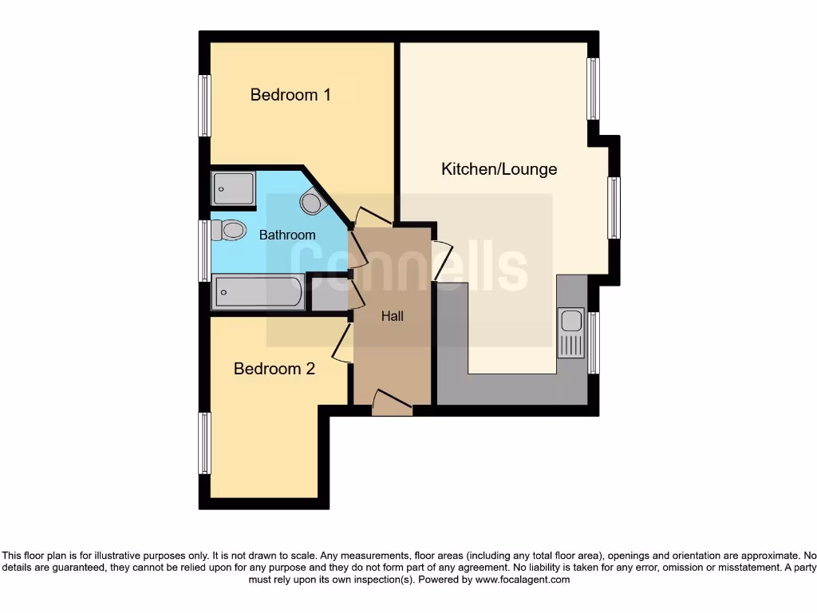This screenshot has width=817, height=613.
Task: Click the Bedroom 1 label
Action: click(x=290, y=95)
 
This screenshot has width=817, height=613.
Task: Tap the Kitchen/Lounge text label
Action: click(x=499, y=169)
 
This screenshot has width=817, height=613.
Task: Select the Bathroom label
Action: click(x=287, y=235)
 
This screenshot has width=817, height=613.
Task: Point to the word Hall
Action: click(x=392, y=316)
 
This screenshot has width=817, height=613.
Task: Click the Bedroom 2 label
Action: click(x=274, y=369)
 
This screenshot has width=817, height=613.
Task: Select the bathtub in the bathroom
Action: click(x=257, y=292)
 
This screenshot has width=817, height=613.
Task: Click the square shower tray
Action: click(x=233, y=188)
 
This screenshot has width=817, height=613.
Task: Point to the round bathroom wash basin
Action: click(x=311, y=202)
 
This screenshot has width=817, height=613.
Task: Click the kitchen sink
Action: click(x=571, y=332)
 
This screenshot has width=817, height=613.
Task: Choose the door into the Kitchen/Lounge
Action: click(x=442, y=259)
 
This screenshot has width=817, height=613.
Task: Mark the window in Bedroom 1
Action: click(x=205, y=106)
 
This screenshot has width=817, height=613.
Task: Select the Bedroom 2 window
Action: click(x=205, y=443)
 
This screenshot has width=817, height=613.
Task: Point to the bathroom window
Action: click(x=205, y=250)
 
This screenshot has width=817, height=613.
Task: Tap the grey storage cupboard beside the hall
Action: click(x=328, y=293)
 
